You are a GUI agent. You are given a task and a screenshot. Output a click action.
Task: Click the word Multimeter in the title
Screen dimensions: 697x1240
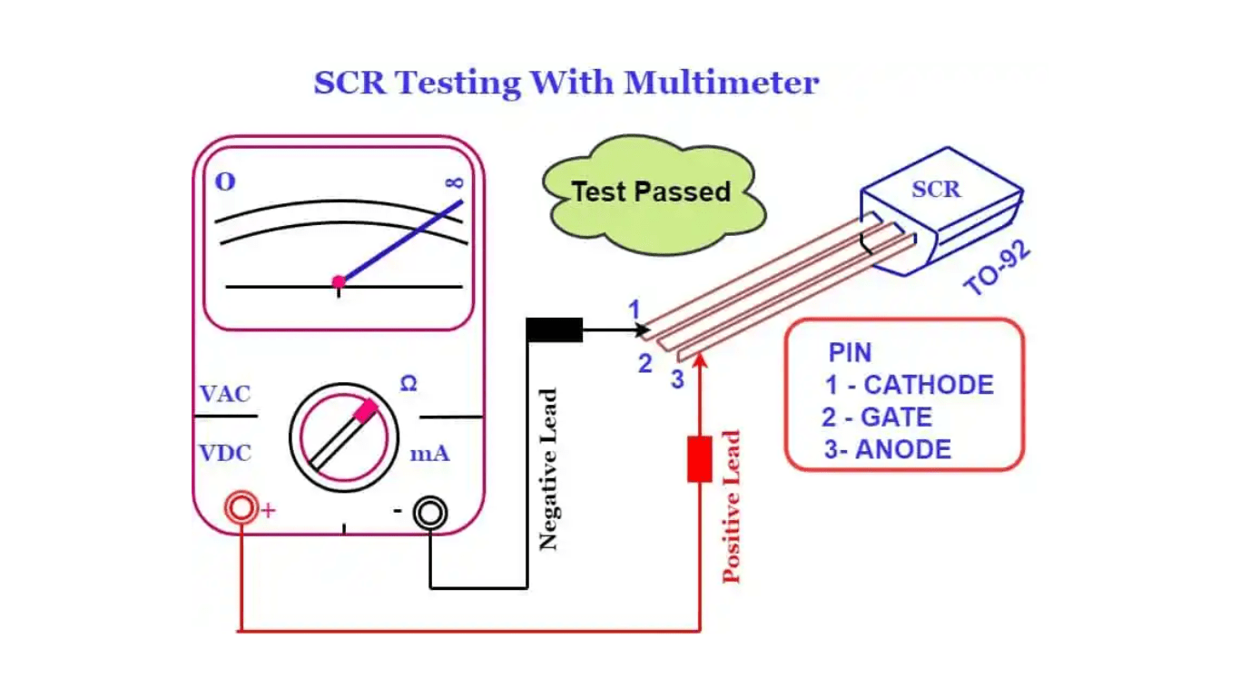722,83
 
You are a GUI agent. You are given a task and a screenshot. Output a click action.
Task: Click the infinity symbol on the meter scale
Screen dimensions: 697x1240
455,182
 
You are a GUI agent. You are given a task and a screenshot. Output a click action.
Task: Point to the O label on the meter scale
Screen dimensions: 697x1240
225,182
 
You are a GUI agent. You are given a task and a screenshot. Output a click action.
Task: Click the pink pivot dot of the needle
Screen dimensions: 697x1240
339,282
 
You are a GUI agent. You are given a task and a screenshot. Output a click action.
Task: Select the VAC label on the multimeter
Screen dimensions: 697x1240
225,395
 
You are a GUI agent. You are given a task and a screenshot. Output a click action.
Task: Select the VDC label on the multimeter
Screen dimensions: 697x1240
225,453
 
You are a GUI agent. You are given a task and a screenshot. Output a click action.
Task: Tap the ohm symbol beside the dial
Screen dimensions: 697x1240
408,385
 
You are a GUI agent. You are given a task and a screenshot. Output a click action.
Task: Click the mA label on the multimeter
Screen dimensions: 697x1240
429,453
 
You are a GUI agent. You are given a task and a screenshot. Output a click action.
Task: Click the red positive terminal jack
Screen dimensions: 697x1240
241,509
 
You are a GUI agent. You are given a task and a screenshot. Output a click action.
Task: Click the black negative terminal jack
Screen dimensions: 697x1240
430,513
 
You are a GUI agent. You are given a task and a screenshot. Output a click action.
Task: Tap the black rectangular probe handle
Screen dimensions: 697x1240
554,329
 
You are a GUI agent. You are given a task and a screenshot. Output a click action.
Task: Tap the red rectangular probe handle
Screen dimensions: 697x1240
699,458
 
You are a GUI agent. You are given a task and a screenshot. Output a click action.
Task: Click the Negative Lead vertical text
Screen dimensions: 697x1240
547,469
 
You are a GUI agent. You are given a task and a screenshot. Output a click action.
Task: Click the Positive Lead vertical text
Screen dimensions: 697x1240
732,506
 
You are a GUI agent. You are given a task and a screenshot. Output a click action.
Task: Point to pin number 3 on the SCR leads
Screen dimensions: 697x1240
677,379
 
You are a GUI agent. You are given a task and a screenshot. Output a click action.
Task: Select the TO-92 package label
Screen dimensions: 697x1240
998,270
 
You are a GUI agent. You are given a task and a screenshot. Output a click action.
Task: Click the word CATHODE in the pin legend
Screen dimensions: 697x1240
929,385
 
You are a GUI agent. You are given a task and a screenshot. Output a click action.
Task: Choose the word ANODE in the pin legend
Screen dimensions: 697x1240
903,449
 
